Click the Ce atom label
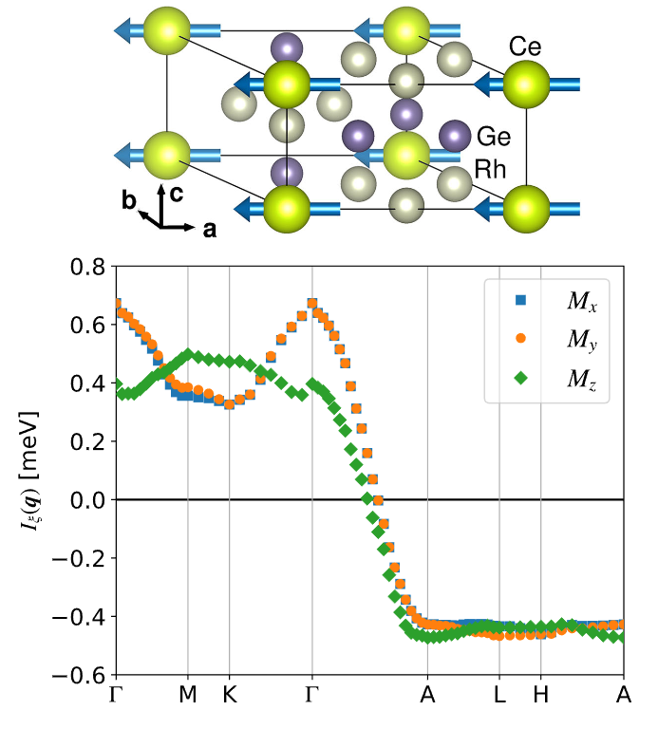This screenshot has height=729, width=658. [x=525, y=46]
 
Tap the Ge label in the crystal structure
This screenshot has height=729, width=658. [x=494, y=137]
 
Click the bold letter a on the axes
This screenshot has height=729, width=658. [x=207, y=228]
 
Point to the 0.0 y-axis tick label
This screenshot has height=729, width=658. [x=88, y=499]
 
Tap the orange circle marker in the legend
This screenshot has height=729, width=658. [x=519, y=338]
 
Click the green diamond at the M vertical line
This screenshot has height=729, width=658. [x=188, y=355]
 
